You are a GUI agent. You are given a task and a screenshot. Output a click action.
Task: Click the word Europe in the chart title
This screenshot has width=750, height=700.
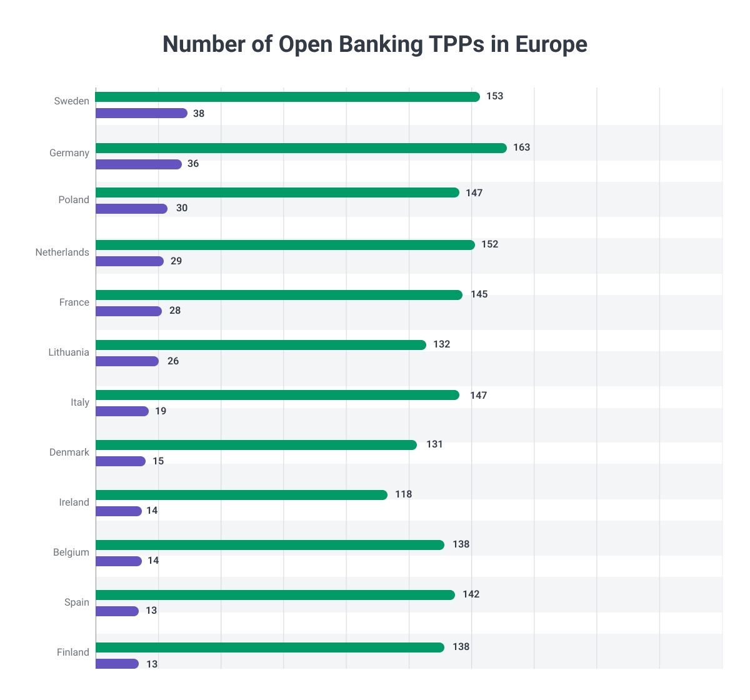pos(551,45)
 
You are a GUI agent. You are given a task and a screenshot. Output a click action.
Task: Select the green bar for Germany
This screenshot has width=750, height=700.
pos(301,148)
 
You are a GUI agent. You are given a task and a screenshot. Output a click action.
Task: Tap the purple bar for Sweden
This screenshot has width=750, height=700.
pos(141,113)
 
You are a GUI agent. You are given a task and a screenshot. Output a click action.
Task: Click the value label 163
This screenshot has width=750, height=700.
pos(521,147)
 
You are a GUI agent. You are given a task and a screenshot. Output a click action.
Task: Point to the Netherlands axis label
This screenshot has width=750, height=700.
pos(62,252)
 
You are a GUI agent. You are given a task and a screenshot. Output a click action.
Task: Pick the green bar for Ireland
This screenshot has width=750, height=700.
pos(241,495)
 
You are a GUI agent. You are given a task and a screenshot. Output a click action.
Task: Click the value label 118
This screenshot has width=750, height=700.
pos(403,494)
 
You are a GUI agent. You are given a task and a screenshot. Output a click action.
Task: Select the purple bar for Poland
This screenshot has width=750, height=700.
pos(131,209)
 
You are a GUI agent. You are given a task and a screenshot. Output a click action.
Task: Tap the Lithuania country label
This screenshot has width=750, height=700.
pos(69,352)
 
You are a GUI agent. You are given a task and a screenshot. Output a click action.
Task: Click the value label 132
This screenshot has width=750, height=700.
pos(441,344)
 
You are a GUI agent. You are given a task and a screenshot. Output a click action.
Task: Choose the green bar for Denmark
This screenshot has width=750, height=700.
pos(256,445)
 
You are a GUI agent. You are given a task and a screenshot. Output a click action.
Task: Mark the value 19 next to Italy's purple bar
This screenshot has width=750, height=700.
pos(161,411)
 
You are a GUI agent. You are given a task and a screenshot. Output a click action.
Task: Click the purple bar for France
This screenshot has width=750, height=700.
pos(129,311)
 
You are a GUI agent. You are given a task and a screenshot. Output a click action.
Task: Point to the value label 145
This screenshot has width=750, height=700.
pos(479,294)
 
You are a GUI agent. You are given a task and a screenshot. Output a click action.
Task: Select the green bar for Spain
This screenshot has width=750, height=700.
pos(275,595)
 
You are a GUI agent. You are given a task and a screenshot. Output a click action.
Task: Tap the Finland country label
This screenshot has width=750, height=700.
pos(72,652)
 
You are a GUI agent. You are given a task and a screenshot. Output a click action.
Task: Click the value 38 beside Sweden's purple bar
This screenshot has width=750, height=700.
pos(199,114)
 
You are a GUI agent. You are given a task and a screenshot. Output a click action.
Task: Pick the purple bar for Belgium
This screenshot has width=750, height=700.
pos(119,561)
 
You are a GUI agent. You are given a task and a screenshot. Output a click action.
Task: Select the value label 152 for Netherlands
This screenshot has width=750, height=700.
pos(489,244)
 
